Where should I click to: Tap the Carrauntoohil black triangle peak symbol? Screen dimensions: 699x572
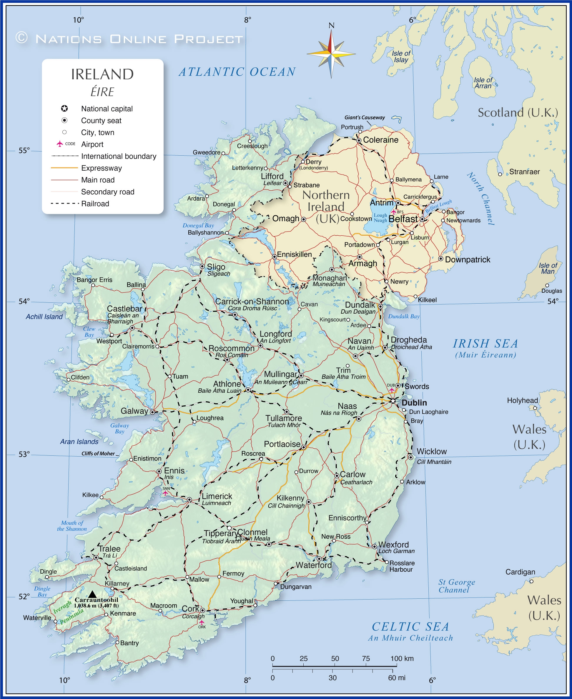(92, 595)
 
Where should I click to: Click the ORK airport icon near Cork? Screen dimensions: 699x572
(202, 622)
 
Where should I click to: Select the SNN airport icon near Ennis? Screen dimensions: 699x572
(165, 493)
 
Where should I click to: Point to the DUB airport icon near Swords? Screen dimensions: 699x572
(391, 390)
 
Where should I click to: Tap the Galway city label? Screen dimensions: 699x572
(134, 411)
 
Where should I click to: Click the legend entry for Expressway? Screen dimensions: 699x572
(101, 168)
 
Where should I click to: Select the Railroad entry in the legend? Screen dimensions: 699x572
(95, 204)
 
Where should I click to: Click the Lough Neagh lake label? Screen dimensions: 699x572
(380, 218)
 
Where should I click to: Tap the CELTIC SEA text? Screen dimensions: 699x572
(410, 627)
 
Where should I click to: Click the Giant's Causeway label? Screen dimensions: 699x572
(365, 117)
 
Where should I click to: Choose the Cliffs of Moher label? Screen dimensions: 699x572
(98, 454)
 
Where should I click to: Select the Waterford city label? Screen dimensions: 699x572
(314, 565)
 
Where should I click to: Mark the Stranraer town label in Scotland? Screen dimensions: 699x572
(524, 172)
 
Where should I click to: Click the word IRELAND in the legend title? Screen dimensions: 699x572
(102, 74)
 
